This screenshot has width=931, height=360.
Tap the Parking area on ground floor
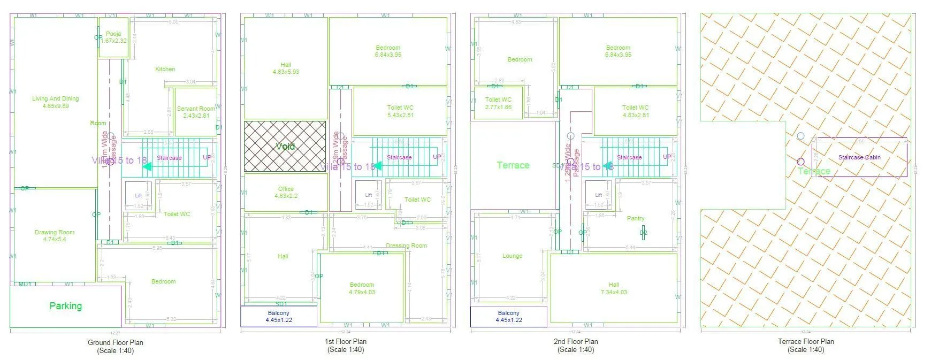pyautogui.click(x=65, y=306)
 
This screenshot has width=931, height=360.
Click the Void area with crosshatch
pyautogui.click(x=285, y=146)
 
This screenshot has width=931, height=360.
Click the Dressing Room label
pyautogui.click(x=406, y=246)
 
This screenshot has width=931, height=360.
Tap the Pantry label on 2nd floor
pyautogui.click(x=636, y=218)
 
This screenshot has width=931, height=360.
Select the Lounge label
pyautogui.click(x=512, y=256)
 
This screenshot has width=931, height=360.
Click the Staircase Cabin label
pyautogui.click(x=859, y=157)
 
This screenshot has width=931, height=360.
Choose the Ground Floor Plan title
pyautogui.click(x=115, y=342)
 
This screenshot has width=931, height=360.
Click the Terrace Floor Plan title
pyautogui.click(x=805, y=341)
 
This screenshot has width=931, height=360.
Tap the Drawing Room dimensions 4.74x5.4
pyautogui.click(x=55, y=240)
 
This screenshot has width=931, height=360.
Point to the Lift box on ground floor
pyautogui.click(x=138, y=196)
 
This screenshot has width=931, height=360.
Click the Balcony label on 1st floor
pyautogui.click(x=278, y=313)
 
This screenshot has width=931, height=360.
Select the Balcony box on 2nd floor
pyautogui.click(x=508, y=317)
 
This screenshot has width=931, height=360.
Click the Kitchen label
pyautogui.click(x=165, y=69)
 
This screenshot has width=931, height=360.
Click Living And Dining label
pyautogui.click(x=55, y=98)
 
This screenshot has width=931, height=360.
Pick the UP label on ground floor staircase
pyautogui.click(x=207, y=157)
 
